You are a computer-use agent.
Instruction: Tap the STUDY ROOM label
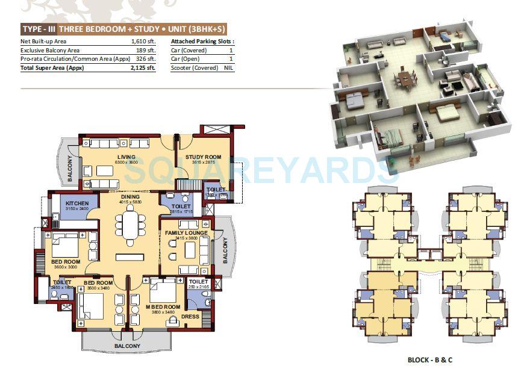click(203, 157)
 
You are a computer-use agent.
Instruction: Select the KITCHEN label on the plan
click(77, 203)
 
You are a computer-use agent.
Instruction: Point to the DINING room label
click(130, 197)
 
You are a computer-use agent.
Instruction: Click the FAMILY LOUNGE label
click(186, 233)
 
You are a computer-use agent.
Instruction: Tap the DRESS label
click(190, 317)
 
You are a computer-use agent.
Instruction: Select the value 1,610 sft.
click(143, 42)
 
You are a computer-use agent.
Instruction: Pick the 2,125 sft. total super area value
click(143, 68)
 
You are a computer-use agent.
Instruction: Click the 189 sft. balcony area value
click(147, 51)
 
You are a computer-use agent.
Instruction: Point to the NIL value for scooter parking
click(228, 68)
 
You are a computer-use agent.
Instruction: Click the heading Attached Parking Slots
click(202, 42)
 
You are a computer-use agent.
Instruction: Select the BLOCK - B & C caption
click(429, 360)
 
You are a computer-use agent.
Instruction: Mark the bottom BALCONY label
click(127, 346)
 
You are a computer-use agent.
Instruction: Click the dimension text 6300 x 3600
click(127, 163)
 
